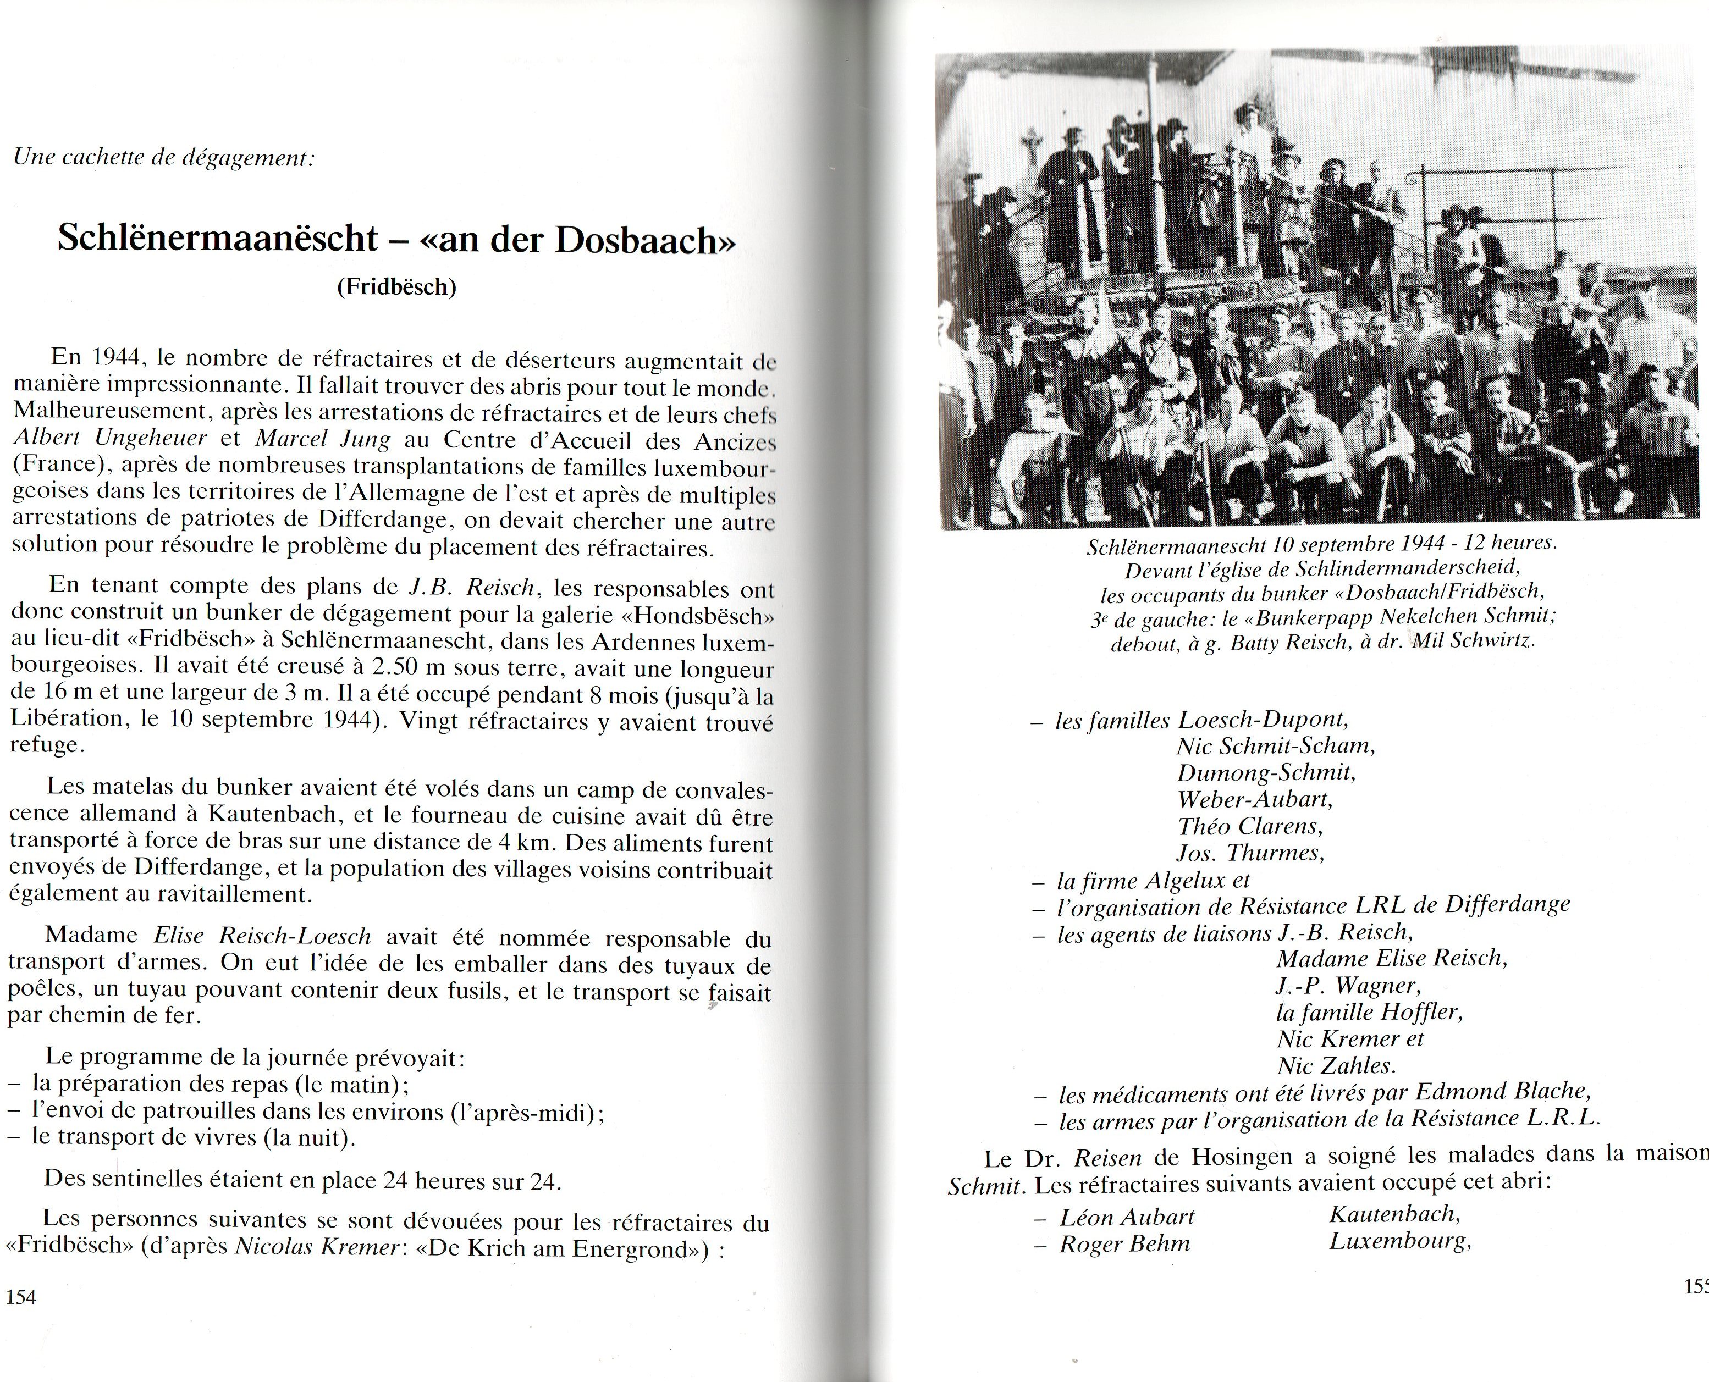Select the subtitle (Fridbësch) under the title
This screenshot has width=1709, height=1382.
(396, 286)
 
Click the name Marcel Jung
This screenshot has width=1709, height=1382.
(323, 439)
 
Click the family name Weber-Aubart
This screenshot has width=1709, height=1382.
(1255, 799)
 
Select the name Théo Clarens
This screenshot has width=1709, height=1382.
(1249, 826)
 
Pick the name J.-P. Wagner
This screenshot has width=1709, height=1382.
(1347, 986)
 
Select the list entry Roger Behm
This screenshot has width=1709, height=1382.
(1124, 1243)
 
